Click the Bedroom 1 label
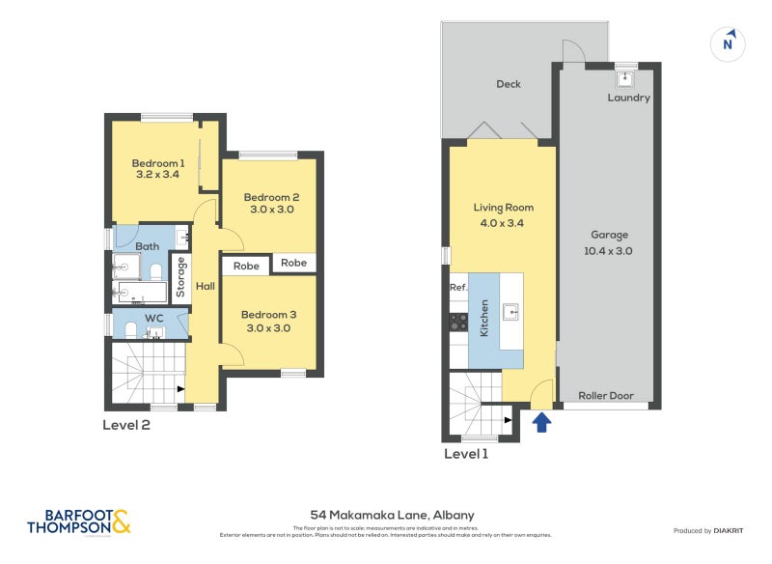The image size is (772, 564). [158, 163]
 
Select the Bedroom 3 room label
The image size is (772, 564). [269, 315]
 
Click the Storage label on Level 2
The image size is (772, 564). [180, 277]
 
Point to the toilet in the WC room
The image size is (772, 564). [131, 329]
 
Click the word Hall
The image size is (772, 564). [206, 287]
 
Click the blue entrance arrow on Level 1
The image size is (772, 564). [541, 421]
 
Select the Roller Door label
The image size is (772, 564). [604, 396]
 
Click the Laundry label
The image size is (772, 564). [628, 98]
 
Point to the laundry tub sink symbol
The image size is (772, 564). [624, 77]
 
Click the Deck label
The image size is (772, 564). [509, 84]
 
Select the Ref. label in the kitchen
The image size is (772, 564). [458, 288]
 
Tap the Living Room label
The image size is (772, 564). [503, 208]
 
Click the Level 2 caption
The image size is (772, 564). [126, 424]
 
